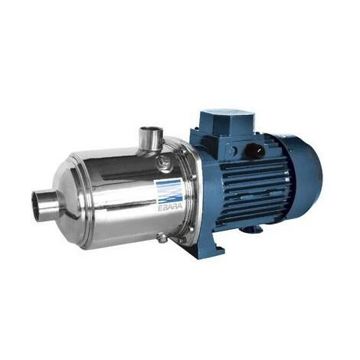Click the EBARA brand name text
[170, 207]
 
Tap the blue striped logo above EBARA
[170, 190]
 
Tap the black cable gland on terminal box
[252, 150]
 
